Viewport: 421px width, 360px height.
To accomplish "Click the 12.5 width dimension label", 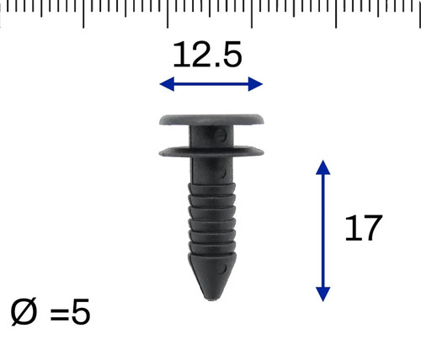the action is pos(207,55).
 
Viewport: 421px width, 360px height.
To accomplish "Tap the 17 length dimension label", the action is pos(363,228).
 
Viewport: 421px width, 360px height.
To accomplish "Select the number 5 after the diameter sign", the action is pos(81,312).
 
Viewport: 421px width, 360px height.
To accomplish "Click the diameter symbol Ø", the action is pos(24,312).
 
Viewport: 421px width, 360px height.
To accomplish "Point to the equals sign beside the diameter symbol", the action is pos(59,315).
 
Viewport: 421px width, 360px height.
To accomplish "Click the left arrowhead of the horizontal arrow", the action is pos(167,84).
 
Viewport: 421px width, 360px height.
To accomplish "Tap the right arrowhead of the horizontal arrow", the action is pos(255,84).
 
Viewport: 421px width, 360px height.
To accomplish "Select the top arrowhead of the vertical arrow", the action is pos(323,167).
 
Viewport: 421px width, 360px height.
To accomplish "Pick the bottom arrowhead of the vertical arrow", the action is pos(323,294).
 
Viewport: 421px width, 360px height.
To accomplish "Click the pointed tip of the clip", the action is pos(211,299).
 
